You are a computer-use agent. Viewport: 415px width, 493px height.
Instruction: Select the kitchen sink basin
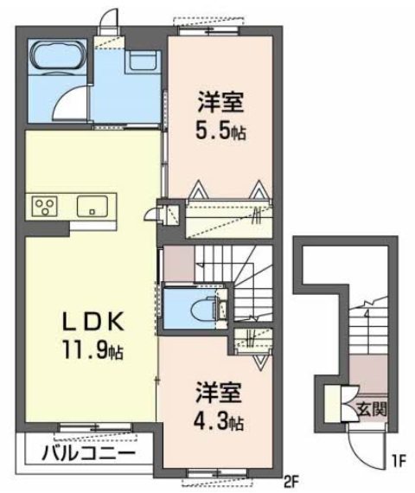[x=91, y=206]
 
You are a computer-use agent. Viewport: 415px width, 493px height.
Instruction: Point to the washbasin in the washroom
[x=140, y=61]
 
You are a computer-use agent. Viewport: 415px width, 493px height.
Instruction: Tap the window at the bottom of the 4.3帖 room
[x=215, y=474]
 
